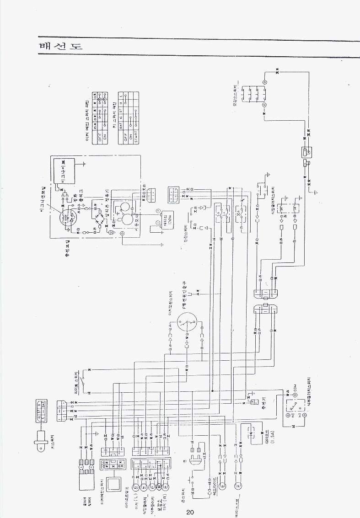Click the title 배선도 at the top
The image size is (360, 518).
point(60,47)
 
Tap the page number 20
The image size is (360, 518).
point(190,512)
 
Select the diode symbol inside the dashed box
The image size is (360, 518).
point(251,431)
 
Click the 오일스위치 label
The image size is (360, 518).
point(236,94)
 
